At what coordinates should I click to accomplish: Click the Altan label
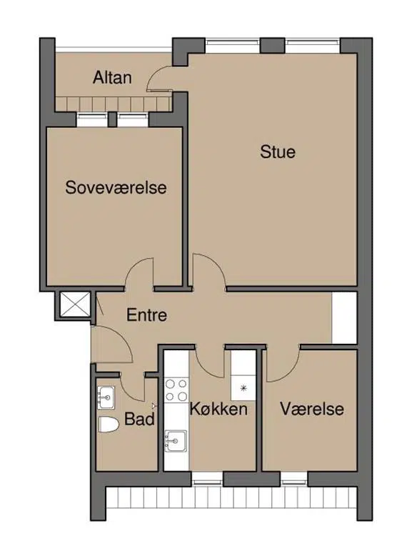pyautogui.click(x=112, y=77)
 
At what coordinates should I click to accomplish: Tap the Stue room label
pyautogui.click(x=278, y=152)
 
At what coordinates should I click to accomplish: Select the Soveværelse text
pyautogui.click(x=116, y=187)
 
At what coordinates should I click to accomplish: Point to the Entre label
pyautogui.click(x=146, y=315)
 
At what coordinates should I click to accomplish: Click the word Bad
pyautogui.click(x=139, y=419)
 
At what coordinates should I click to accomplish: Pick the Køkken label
pyautogui.click(x=218, y=409)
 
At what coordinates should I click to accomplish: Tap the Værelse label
pyautogui.click(x=312, y=409)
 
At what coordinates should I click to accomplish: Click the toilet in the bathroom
pyautogui.click(x=109, y=425)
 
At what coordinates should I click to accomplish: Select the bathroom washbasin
pyautogui.click(x=106, y=397)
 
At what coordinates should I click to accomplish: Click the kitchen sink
pyautogui.click(x=176, y=441)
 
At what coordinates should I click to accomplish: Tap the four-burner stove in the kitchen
pyautogui.click(x=176, y=390)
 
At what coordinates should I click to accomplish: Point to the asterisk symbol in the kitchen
pyautogui.click(x=243, y=387)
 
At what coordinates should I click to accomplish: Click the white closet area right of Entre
pyautogui.click(x=344, y=318)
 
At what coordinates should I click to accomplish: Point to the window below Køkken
pyautogui.click(x=207, y=479)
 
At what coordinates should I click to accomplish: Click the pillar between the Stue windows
pyautogui.click(x=273, y=46)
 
